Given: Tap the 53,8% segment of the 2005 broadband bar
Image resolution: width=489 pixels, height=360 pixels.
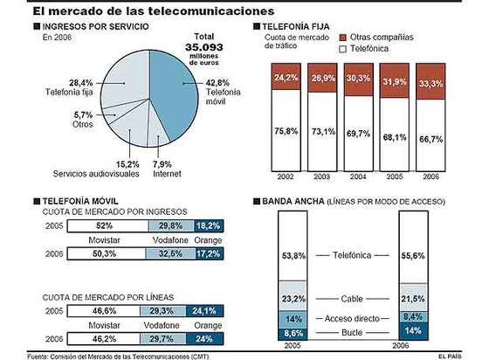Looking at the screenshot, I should coord(294,256).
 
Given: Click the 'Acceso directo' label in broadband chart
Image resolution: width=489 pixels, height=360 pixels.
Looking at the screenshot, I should coord(353,318).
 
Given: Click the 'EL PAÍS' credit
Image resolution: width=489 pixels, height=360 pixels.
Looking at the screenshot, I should coord(464,354).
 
